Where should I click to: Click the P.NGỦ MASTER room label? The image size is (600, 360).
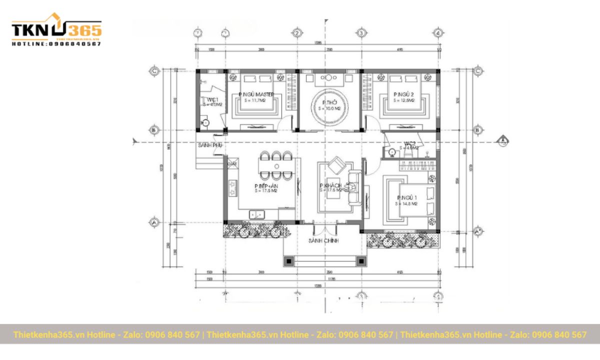(256, 94)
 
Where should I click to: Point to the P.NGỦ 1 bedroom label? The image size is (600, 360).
(407, 198)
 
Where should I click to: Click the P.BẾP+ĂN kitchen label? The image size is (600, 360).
(266, 186)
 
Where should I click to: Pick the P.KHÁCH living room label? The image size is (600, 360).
(330, 186)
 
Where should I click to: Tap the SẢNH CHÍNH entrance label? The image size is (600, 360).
(323, 240)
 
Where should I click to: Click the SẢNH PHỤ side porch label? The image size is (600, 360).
(209, 145)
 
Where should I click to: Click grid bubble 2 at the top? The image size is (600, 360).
(297, 33)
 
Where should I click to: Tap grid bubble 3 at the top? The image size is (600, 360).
(360, 33)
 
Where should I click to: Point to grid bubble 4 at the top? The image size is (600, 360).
(438, 33)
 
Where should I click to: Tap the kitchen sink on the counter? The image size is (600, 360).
(257, 215)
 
